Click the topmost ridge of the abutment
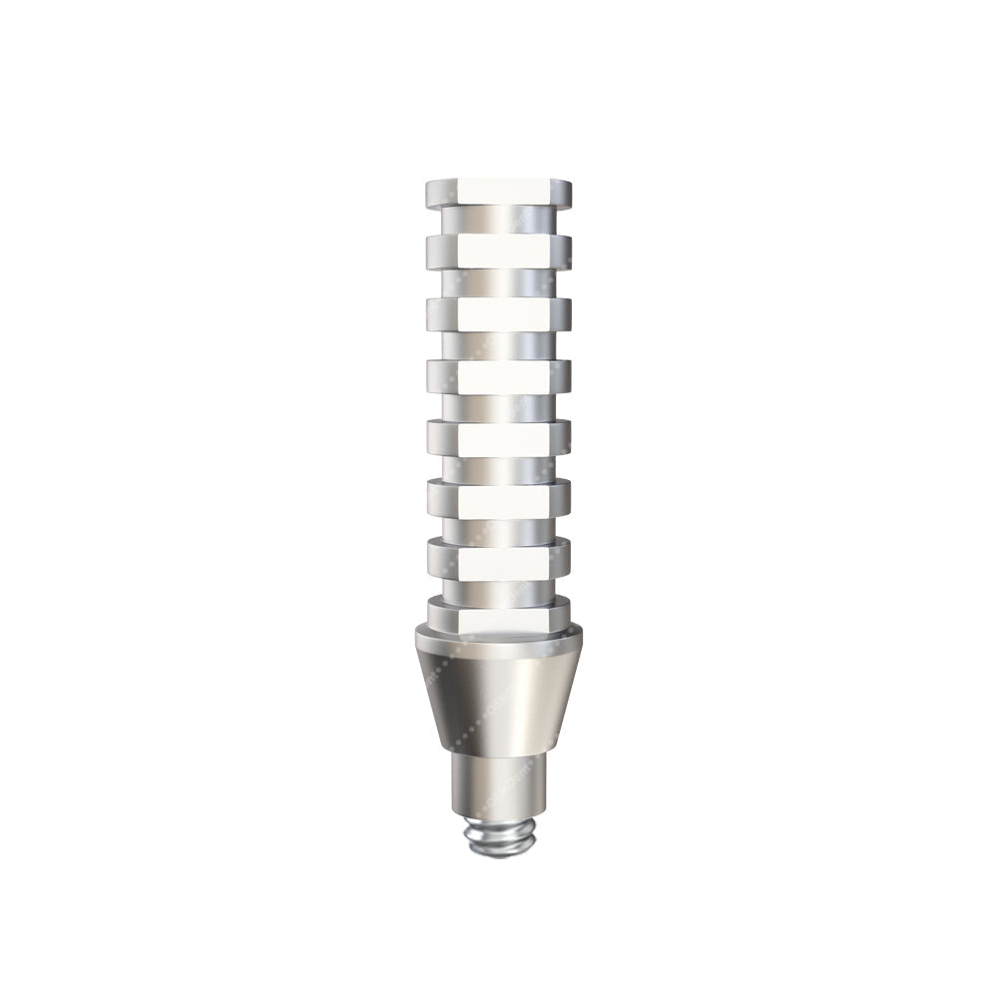point(499,192)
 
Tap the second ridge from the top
point(499,251)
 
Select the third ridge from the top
point(499,314)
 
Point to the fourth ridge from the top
point(499,375)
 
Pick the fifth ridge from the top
point(499,436)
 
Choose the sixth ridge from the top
point(499,497)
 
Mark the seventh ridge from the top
point(499,558)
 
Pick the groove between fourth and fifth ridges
point(499,405)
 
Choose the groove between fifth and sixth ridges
point(499,466)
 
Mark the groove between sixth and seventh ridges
point(499,527)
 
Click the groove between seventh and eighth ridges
point(499,586)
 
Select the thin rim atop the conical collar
point(499,636)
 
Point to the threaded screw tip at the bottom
point(499,838)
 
